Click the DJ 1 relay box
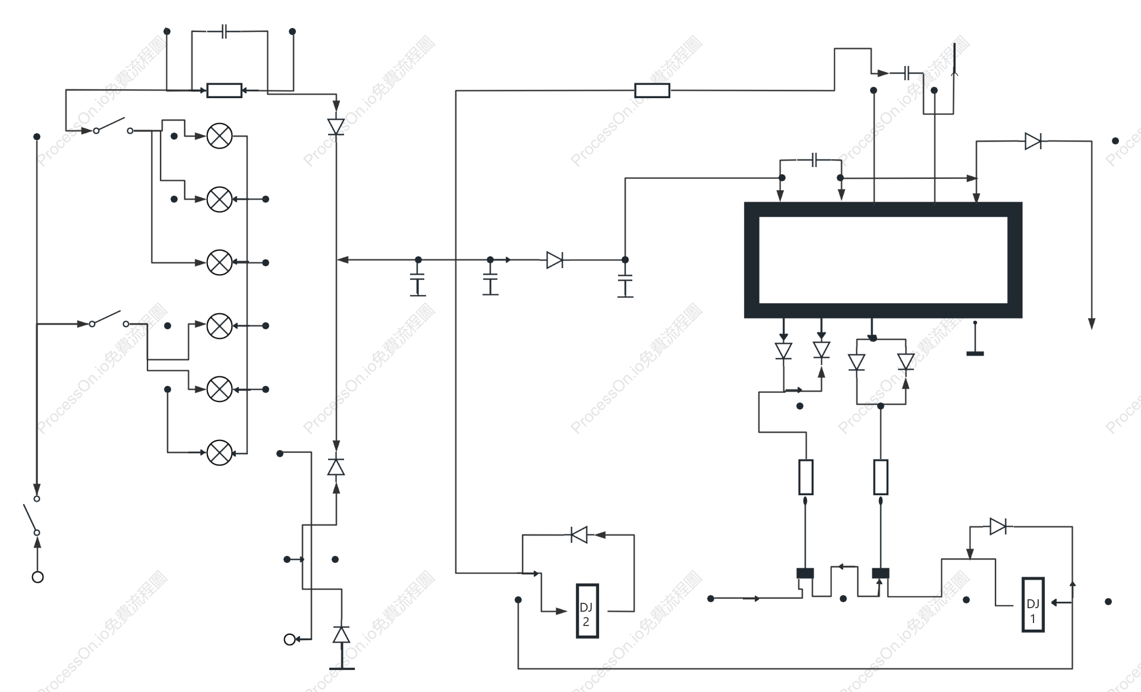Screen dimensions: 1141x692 pos(1033,605)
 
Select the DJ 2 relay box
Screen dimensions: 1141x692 pos(587,611)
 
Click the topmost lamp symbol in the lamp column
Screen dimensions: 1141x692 pos(219,136)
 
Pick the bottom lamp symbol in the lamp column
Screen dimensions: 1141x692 pos(219,453)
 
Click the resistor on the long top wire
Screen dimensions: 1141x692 pos(652,90)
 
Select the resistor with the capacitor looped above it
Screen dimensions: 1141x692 pos(224,90)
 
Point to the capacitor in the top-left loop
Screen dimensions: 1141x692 pos(224,32)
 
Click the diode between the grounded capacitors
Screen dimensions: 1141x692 pos(554,260)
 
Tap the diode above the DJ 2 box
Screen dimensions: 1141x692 pos(579,534)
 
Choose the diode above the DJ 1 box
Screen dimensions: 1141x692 pos(998,526)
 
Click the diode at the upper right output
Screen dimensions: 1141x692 pos(1033,141)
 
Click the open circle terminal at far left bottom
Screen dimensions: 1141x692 pos(37,577)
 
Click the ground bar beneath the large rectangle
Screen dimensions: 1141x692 pos(975,354)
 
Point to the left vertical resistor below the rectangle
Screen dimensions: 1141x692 pos(806,477)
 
